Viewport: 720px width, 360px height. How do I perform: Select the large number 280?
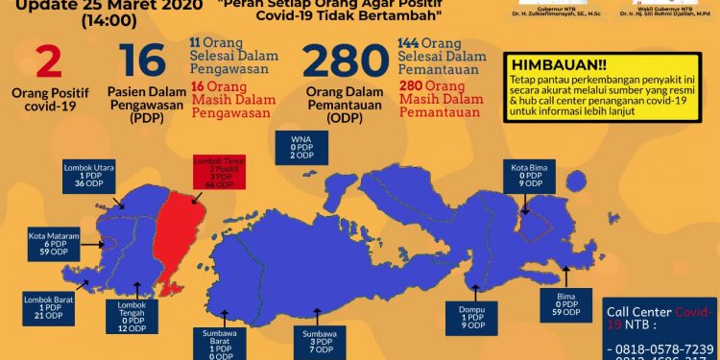[344, 65]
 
